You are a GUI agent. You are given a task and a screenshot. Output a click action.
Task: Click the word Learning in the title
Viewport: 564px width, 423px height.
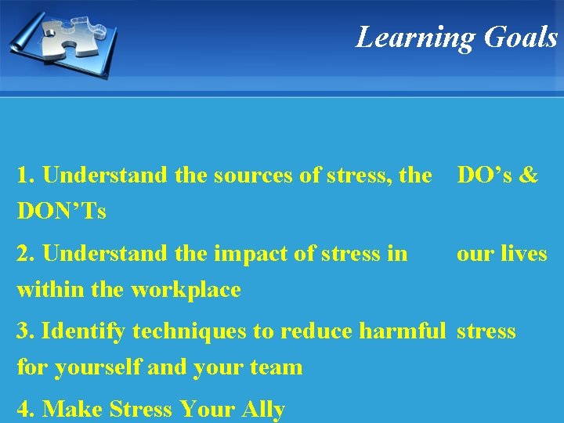(x=416, y=38)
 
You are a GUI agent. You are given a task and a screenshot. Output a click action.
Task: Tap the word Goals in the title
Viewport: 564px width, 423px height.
(x=521, y=38)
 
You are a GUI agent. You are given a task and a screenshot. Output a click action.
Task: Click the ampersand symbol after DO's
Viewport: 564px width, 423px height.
(x=529, y=175)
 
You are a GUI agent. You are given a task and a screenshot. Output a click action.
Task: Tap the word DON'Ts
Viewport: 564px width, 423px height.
(x=62, y=211)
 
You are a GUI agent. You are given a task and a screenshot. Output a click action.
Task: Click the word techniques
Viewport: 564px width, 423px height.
(x=187, y=331)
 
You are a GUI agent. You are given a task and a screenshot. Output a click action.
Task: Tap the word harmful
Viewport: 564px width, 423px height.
(x=402, y=331)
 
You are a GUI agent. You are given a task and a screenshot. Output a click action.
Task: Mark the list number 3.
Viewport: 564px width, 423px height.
(x=24, y=331)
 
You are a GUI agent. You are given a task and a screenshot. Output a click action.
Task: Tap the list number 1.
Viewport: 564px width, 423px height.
(x=24, y=175)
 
